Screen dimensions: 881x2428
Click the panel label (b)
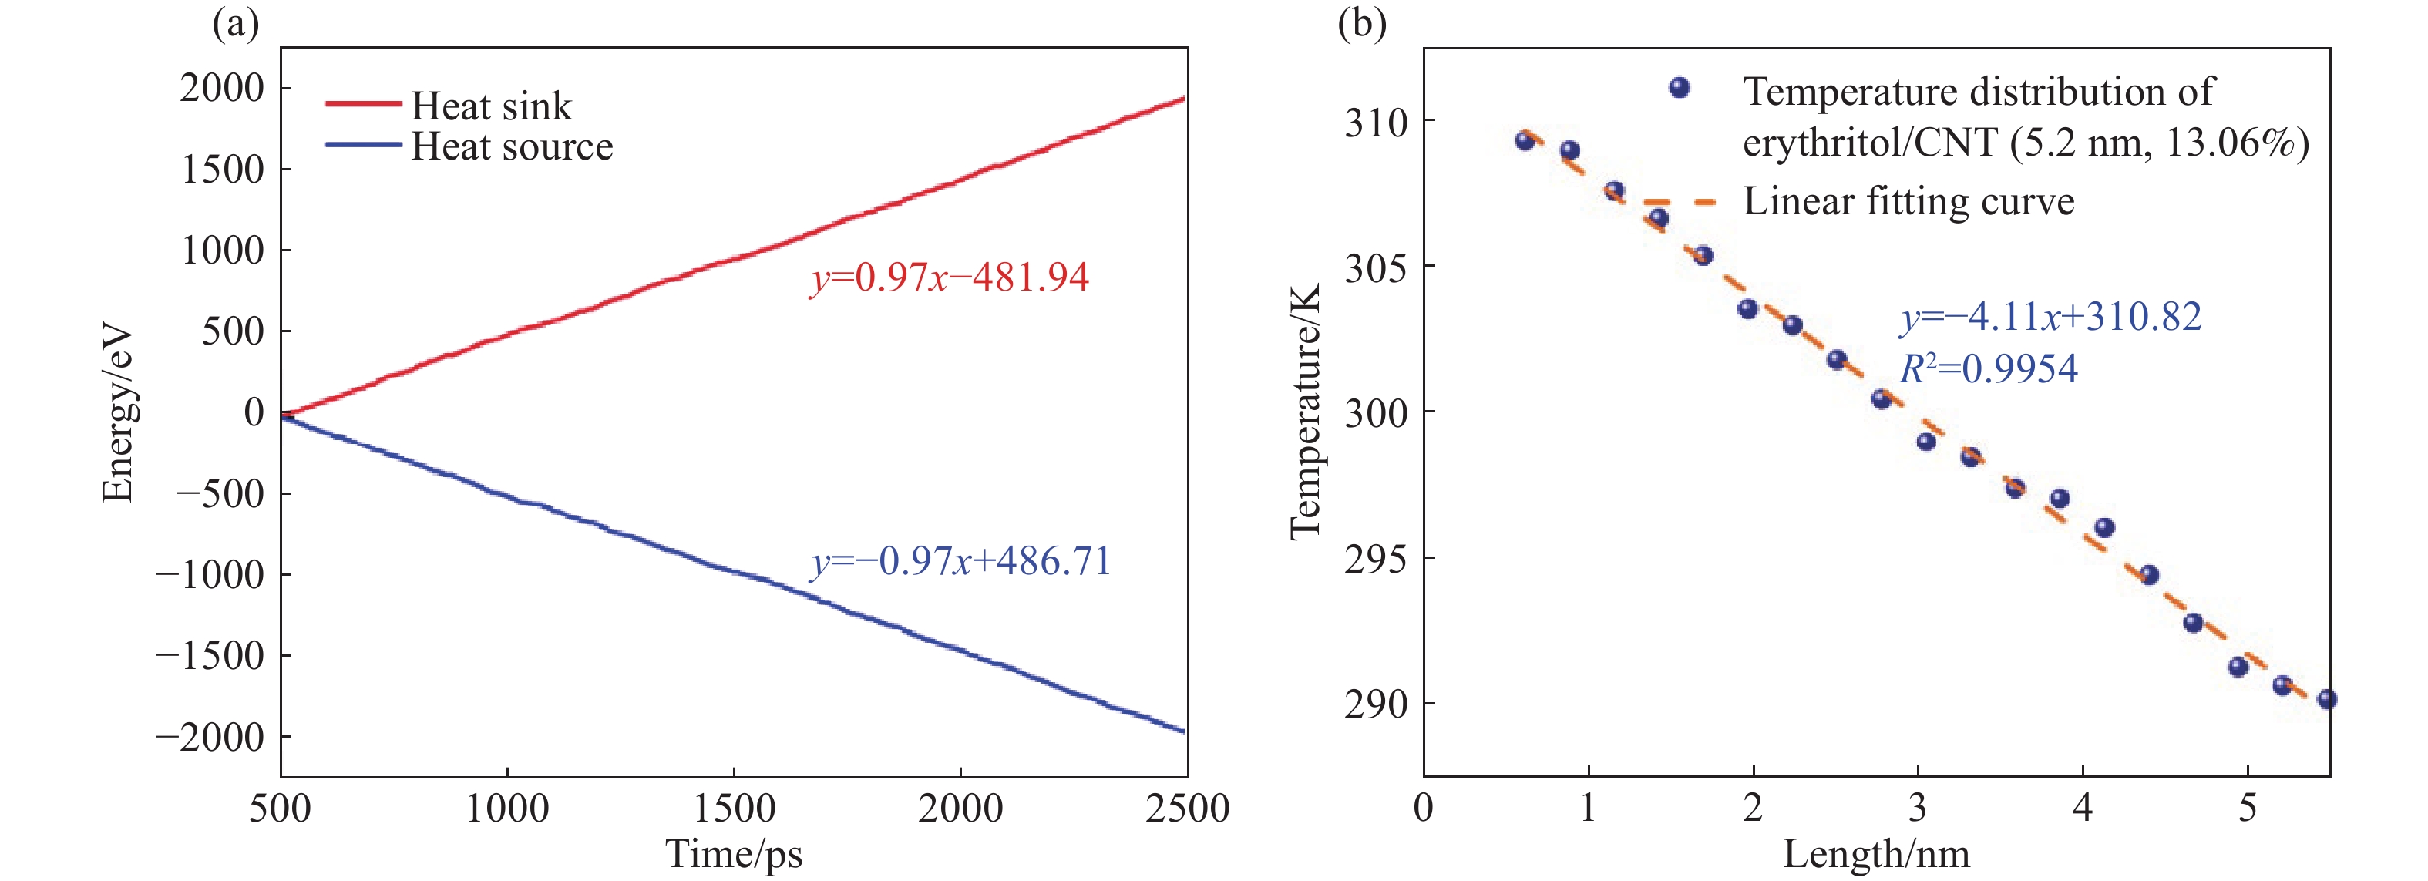coord(1362,22)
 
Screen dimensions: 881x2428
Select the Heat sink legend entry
coord(490,106)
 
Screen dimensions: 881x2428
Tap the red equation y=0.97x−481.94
coord(949,277)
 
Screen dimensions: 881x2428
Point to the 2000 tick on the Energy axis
coord(223,88)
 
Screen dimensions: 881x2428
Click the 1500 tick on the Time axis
coord(735,809)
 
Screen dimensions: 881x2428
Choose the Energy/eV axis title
coord(118,415)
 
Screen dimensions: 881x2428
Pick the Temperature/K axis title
coord(1306,412)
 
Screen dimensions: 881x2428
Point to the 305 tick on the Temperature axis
coord(1376,267)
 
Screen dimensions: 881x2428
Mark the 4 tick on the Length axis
coord(2083,809)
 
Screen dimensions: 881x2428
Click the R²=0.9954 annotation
coord(1988,368)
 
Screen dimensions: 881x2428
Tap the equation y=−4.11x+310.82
coord(2051,317)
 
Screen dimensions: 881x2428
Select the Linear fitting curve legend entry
coord(1908,200)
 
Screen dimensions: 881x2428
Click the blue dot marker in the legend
coord(1679,88)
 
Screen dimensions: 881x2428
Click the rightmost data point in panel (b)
coord(2326,699)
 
